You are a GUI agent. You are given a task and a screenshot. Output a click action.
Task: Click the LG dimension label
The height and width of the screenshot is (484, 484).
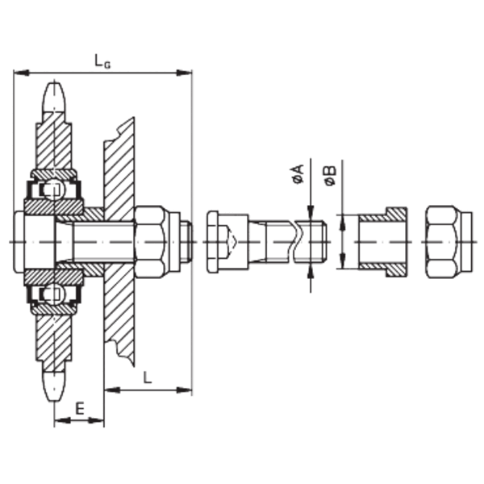(x=102, y=60)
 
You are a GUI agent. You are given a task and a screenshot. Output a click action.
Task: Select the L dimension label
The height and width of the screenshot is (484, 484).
(x=148, y=378)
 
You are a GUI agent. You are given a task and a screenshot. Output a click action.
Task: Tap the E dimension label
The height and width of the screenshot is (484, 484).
(x=80, y=409)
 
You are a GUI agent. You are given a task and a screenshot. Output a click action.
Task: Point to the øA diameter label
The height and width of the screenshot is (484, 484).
(x=298, y=175)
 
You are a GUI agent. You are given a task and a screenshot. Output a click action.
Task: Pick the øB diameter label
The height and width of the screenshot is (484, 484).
(x=330, y=176)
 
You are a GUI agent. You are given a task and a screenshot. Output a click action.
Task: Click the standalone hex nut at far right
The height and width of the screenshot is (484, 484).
(x=449, y=242)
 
